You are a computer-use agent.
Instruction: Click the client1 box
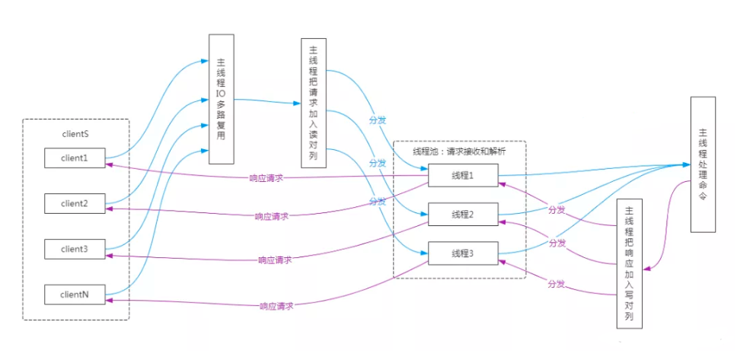tap(75, 159)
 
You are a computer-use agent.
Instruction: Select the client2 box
tap(75, 203)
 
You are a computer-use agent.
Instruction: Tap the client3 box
tap(75, 248)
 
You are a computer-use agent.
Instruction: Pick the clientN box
tap(75, 293)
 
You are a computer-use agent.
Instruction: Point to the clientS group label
tap(75, 134)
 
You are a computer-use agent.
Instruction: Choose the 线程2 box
tap(462, 215)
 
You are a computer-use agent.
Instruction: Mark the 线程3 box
tap(462, 253)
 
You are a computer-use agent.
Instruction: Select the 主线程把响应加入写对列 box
tap(629, 263)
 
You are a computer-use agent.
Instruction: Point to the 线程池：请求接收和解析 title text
tap(459, 151)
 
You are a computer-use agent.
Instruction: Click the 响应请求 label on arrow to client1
tap(266, 178)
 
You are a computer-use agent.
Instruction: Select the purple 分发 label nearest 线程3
tap(557, 284)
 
